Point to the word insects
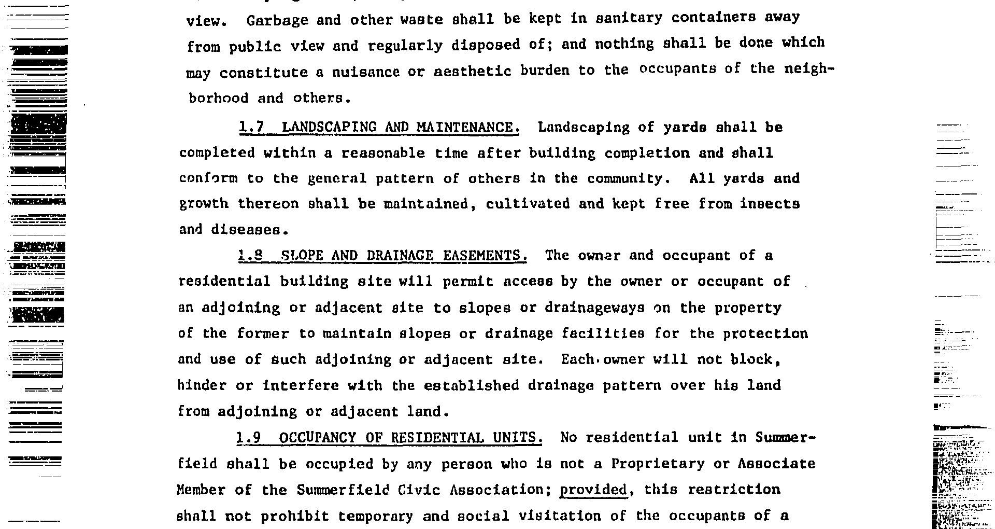[x=770, y=203]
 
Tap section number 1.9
[x=248, y=438]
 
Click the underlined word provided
[x=593, y=490]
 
